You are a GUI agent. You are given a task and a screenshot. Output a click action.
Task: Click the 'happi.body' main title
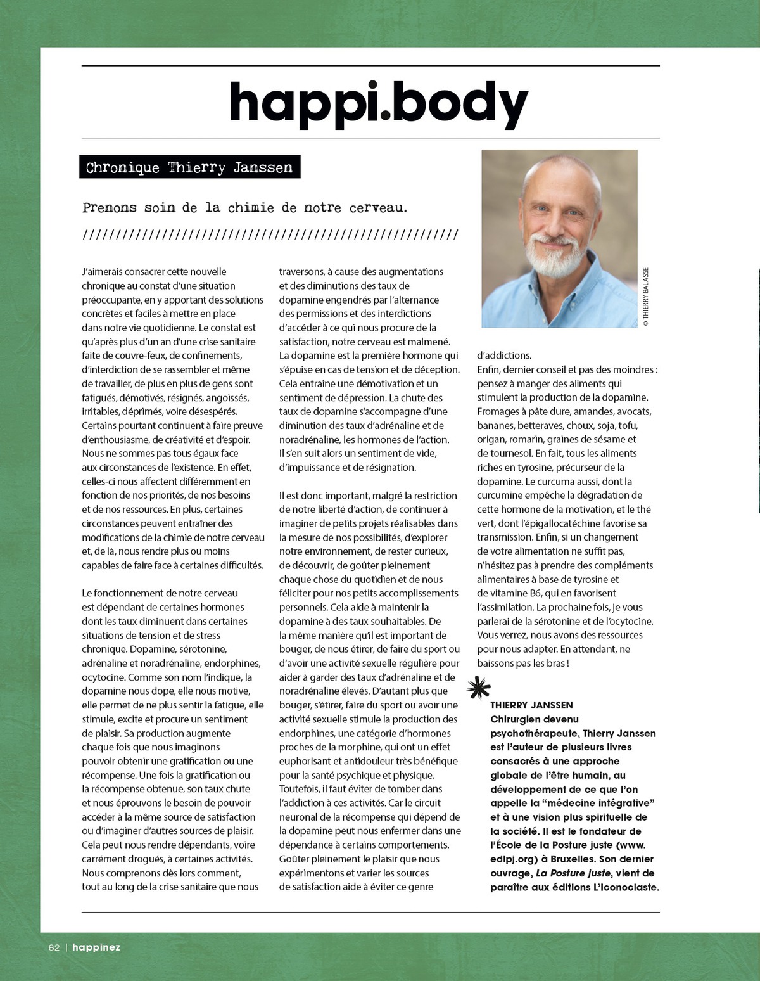(378, 103)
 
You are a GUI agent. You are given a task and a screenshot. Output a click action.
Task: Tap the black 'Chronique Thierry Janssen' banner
(189, 167)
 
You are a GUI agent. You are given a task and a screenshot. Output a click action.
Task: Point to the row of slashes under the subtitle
(270, 235)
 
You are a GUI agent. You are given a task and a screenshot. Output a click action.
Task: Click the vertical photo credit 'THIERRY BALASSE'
(645, 297)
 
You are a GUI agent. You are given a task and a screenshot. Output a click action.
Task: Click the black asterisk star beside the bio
(479, 688)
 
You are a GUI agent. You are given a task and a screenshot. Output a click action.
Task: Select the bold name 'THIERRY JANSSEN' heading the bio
(531, 705)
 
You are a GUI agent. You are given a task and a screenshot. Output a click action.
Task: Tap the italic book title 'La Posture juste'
(573, 873)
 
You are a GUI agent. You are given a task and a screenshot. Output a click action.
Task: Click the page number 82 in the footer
(54, 947)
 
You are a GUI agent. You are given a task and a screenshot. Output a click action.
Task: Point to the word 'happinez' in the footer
(96, 947)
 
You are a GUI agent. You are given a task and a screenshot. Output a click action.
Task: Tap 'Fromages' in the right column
(498, 412)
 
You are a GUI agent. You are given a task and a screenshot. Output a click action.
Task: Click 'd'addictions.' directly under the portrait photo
(504, 356)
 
